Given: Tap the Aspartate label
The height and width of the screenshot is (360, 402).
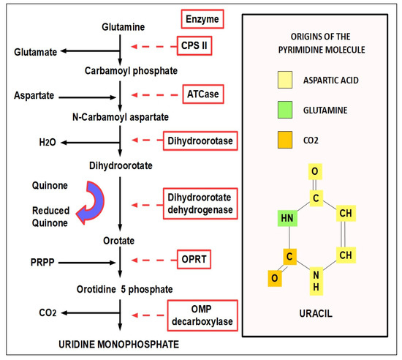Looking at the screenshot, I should pos(33,95).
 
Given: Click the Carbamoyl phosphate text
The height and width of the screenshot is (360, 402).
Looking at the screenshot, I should pos(120,71).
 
